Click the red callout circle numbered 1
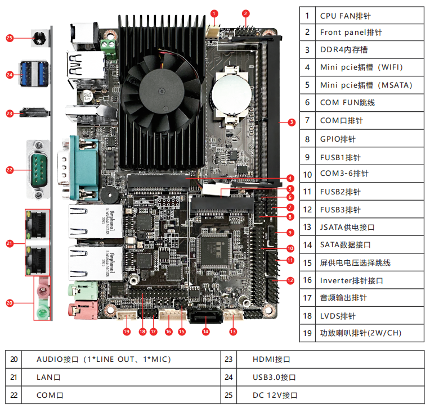point(214,12)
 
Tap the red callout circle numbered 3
point(291,122)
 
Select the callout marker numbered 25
point(9,39)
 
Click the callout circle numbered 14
point(206,332)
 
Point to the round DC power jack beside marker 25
point(38,39)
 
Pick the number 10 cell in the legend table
point(307,174)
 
